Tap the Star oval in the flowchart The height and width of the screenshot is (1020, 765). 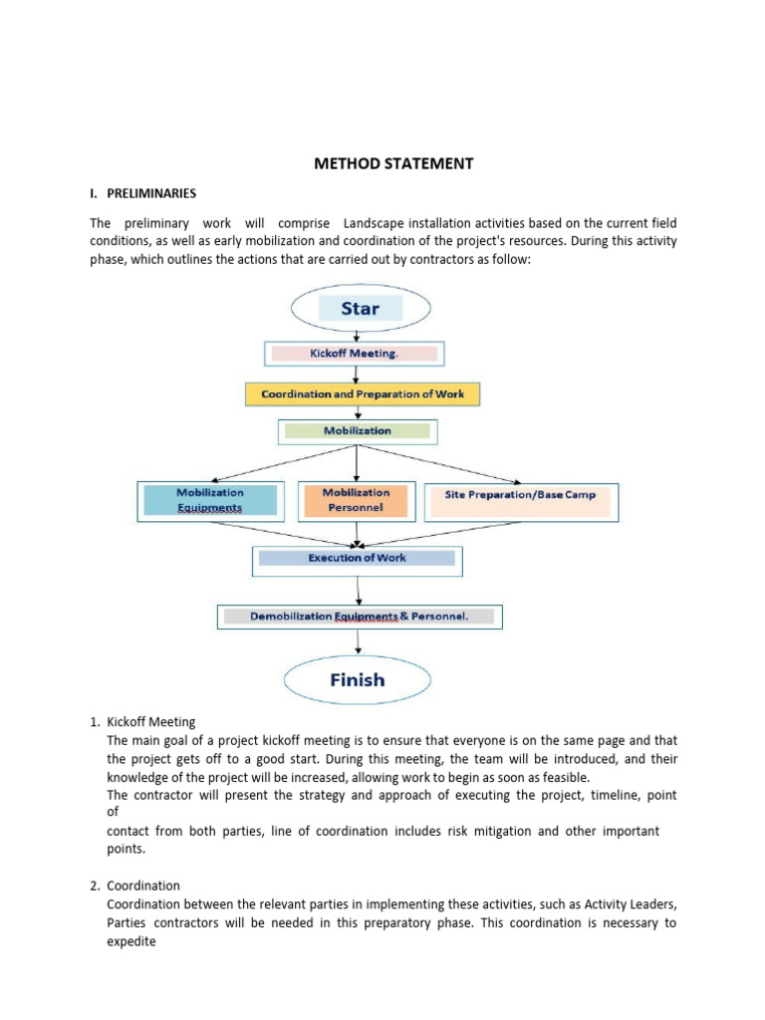point(360,308)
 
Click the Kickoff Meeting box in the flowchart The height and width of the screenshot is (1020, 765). point(355,354)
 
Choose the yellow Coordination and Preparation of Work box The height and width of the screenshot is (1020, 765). point(363,393)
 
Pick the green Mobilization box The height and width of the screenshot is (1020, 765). point(357,431)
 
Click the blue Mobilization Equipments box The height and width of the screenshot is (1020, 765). point(209,500)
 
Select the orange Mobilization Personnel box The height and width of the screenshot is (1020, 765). point(356,500)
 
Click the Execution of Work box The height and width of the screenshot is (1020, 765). point(357,559)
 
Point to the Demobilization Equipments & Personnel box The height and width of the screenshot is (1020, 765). point(360,617)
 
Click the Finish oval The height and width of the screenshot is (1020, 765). point(357,680)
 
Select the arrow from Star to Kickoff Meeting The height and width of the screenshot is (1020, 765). point(356,334)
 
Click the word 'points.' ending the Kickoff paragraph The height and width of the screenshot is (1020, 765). point(126,850)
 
